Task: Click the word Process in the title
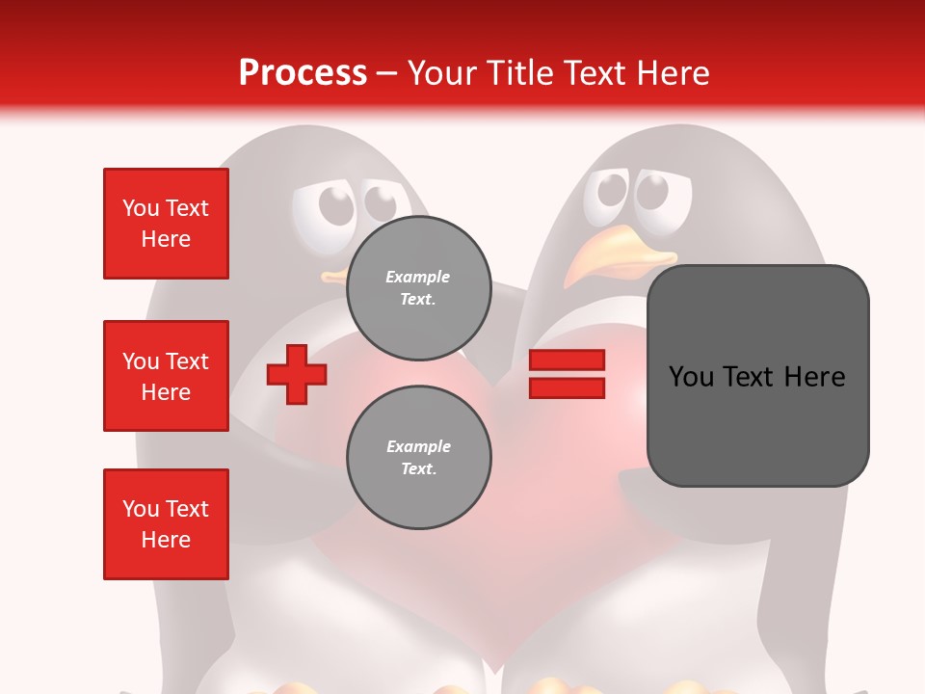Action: coord(303,73)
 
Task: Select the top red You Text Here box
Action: coord(166,224)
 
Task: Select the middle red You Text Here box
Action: coord(166,376)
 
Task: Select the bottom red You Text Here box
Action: coord(166,524)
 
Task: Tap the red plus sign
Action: coord(296,374)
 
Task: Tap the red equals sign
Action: coord(567,374)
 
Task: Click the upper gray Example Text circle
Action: coord(418,287)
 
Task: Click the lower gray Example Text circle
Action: coord(418,457)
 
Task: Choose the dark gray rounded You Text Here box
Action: coord(757,376)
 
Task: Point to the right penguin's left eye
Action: coord(612,191)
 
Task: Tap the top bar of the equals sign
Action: coord(567,360)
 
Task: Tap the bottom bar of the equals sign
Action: coord(567,387)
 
